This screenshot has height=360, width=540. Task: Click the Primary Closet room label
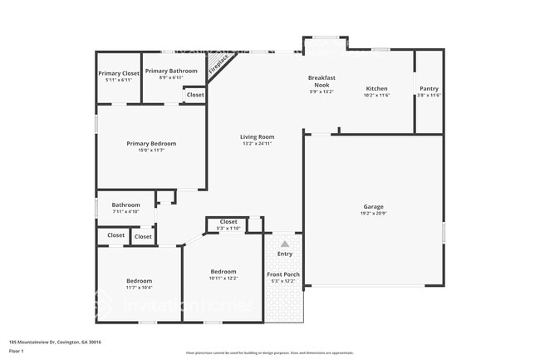119,73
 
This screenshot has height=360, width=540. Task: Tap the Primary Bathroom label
171,72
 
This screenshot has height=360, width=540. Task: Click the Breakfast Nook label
321,81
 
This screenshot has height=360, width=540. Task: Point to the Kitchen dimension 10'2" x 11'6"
376,96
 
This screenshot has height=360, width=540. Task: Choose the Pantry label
429,88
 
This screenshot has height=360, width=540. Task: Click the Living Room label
258,136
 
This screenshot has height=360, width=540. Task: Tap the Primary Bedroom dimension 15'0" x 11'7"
151,150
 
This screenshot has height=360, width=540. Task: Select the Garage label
373,206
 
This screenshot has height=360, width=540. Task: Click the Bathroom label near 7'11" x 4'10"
126,205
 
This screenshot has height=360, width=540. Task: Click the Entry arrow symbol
285,244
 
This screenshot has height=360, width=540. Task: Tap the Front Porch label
283,274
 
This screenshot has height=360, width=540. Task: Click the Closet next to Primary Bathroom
195,95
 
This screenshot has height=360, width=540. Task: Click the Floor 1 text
16,352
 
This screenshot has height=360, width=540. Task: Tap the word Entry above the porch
285,254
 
